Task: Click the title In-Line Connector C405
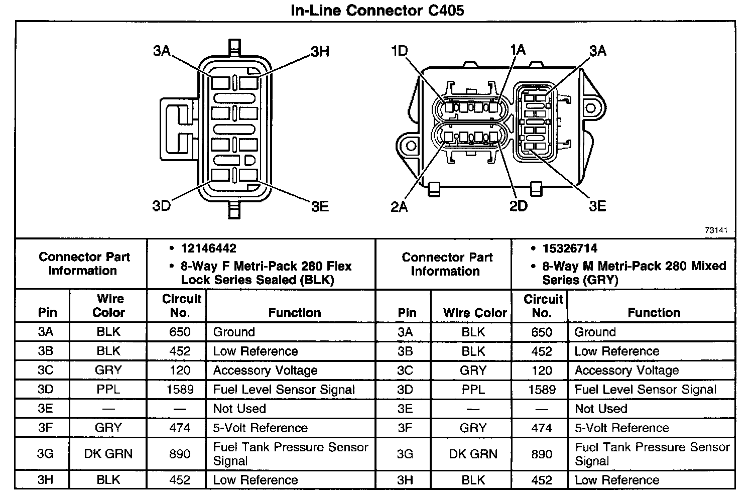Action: tap(377, 10)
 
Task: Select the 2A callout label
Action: tap(399, 206)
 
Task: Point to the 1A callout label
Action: tap(518, 50)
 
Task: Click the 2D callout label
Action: tap(519, 206)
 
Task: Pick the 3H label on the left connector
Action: tap(320, 52)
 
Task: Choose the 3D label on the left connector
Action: tap(162, 206)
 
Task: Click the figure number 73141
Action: tap(716, 230)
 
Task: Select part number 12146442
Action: tap(208, 248)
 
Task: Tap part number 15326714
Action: tap(570, 248)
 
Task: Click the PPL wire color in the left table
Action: tap(108, 390)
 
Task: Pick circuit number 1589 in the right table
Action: tap(542, 390)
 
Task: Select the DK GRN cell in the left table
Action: tap(108, 454)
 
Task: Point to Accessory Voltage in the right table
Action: tap(626, 370)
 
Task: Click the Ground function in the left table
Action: tap(234, 332)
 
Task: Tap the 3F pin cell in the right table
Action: tap(405, 428)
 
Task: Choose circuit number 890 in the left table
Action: tap(180, 454)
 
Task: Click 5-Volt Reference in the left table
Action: tap(260, 428)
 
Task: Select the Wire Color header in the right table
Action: tap(475, 313)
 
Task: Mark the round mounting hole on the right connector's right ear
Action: tap(591, 108)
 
